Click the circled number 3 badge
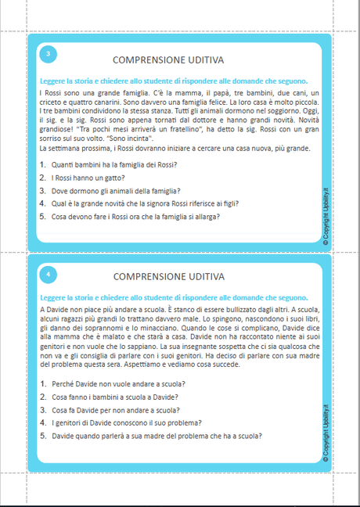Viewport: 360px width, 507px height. pos(49,54)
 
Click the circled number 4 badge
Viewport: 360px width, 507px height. pos(49,275)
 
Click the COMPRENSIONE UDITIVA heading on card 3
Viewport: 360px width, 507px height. pos(168,60)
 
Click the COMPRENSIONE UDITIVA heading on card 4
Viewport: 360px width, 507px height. pos(168,277)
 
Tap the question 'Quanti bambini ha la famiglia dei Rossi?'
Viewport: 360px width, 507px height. pos(113,164)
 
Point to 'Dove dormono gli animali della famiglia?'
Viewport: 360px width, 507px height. pos(115,191)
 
